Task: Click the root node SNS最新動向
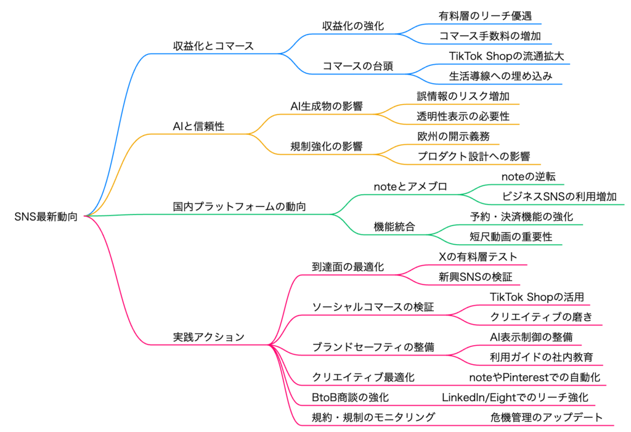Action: (46, 216)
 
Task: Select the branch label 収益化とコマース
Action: (213, 46)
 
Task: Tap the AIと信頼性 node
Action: (198, 126)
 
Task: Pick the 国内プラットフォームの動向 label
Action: (240, 206)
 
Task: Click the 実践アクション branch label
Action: (208, 336)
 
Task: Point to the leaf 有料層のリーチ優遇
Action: (485, 16)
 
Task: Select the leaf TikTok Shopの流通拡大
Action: (506, 55)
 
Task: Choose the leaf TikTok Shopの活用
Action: (537, 297)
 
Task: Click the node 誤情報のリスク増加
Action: (463, 96)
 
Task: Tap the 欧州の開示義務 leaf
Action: (454, 136)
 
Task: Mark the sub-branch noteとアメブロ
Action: (410, 186)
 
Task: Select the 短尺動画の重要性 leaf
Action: (511, 237)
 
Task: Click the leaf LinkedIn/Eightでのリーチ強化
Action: (515, 397)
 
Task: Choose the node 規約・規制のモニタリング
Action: (373, 417)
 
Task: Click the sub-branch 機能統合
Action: (394, 226)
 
